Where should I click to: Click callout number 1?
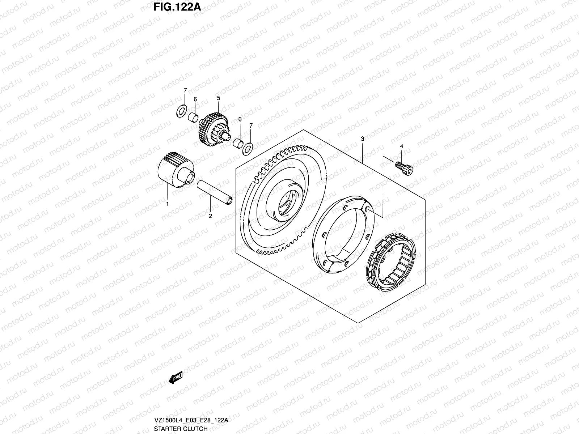tap(167, 204)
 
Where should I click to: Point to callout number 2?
tap(210, 216)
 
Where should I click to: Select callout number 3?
tap(362, 139)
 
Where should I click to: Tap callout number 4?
tap(401, 146)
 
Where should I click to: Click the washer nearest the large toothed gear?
tap(248, 148)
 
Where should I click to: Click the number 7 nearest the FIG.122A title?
tap(185, 90)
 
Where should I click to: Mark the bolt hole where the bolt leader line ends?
tap(368, 209)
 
